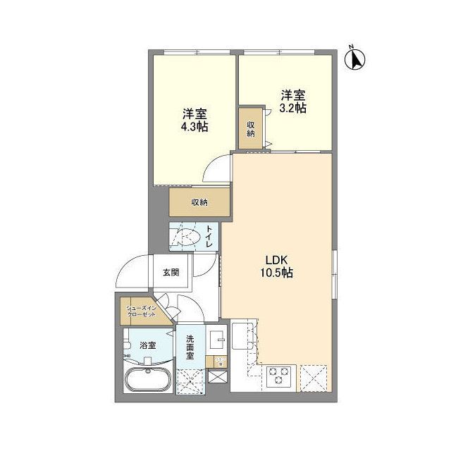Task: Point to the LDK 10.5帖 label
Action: point(278,264)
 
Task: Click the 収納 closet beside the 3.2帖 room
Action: point(251,128)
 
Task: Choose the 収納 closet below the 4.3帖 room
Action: point(199,203)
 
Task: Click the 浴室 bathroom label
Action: point(147,345)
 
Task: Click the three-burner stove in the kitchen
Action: point(278,377)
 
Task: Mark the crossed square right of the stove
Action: point(311,376)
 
